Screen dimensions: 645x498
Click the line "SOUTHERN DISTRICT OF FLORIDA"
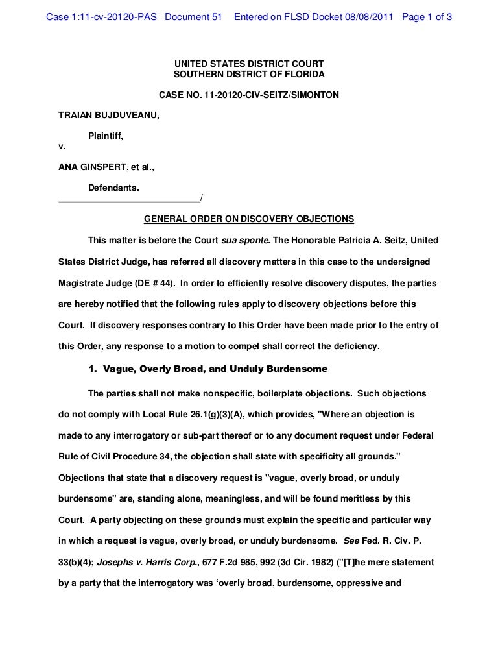[x=249, y=75]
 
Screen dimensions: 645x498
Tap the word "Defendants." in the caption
[x=113, y=187]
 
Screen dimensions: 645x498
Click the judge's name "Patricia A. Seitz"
[x=371, y=240]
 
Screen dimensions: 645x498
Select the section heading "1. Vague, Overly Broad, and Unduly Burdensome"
[x=207, y=369]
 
